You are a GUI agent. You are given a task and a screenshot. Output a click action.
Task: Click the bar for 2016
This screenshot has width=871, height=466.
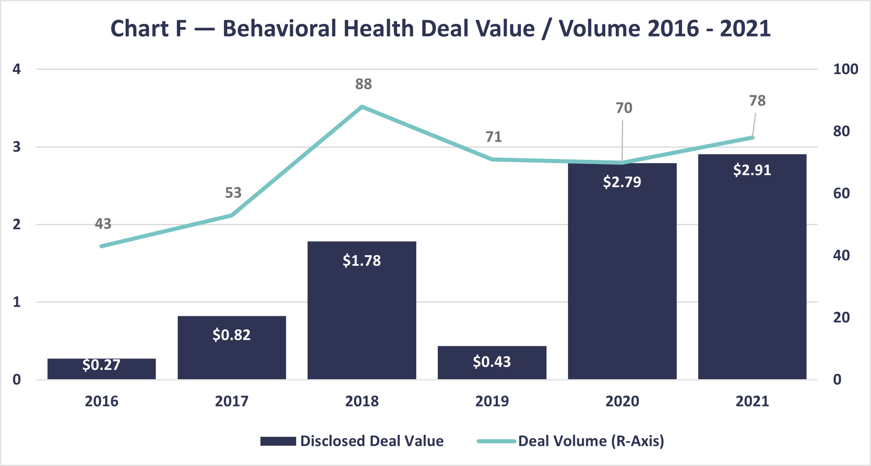(x=101, y=369)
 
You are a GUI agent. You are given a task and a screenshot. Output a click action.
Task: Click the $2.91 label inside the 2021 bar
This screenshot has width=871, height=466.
(x=752, y=170)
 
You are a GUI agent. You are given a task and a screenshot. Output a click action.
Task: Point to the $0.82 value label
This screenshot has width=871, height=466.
(x=231, y=335)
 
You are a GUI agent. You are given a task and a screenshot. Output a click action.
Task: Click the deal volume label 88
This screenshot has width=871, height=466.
(x=363, y=84)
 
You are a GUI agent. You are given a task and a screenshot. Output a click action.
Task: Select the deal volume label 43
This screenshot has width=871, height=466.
(x=103, y=223)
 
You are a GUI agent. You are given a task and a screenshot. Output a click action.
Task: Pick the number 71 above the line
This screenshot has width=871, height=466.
(x=493, y=137)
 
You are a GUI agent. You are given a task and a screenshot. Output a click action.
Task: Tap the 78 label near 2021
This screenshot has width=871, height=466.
(x=757, y=101)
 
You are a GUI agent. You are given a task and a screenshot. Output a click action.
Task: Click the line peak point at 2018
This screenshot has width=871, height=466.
(x=362, y=107)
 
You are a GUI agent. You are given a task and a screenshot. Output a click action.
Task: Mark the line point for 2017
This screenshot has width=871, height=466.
(x=232, y=215)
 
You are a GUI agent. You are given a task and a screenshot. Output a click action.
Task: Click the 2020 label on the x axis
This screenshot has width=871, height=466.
(x=622, y=401)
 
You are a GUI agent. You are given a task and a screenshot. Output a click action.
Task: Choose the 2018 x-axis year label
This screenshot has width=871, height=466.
(x=361, y=401)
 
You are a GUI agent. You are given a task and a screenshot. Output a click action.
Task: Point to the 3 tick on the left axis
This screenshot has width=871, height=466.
(x=17, y=147)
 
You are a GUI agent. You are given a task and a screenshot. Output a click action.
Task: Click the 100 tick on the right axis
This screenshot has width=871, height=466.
(x=845, y=69)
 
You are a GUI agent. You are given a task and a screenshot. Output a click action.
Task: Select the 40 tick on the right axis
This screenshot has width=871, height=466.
(x=841, y=256)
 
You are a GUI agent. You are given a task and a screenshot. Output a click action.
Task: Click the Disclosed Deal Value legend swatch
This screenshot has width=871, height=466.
(x=278, y=441)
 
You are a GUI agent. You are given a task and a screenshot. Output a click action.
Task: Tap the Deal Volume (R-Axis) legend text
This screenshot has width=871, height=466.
(x=591, y=441)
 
